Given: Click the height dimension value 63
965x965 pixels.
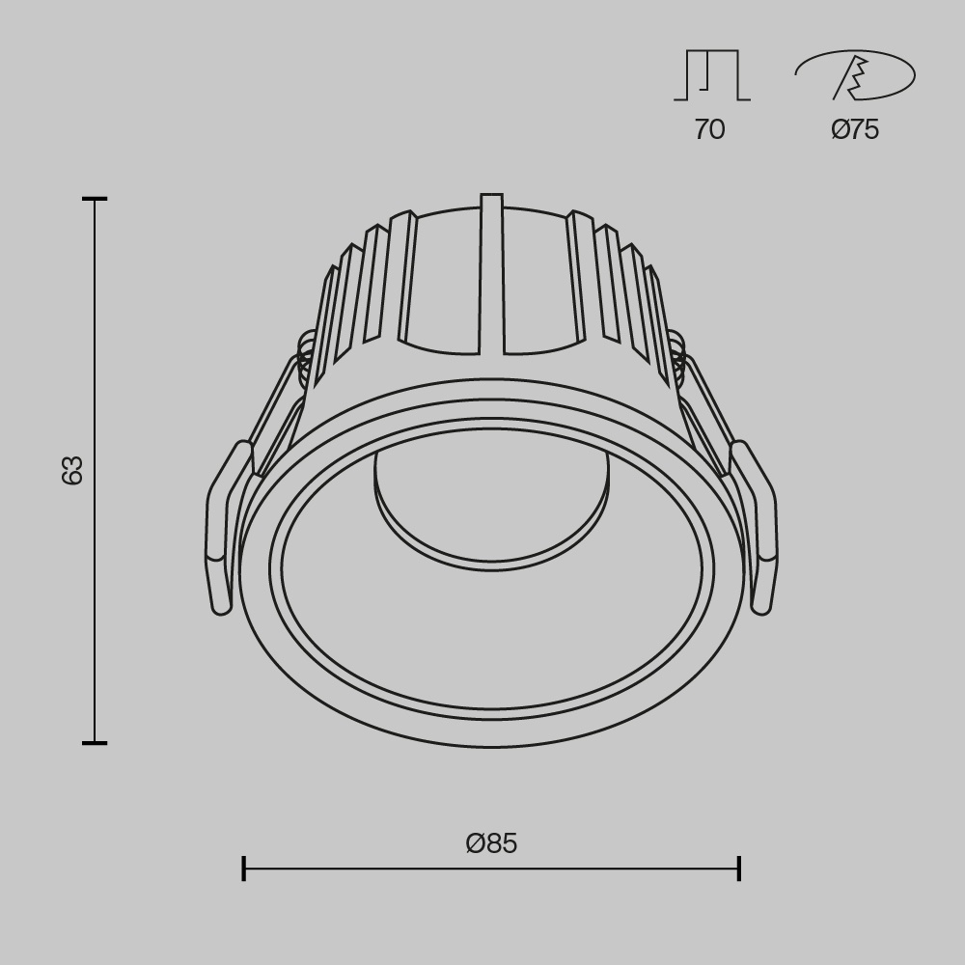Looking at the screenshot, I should [72, 470].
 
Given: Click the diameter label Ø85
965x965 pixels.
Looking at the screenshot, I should [491, 843].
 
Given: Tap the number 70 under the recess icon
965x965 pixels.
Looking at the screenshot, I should [709, 129].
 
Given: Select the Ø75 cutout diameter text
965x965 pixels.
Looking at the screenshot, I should [855, 129].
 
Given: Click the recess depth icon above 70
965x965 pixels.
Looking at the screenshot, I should [711, 75].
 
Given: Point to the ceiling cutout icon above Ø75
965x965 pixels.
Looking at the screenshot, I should [855, 75].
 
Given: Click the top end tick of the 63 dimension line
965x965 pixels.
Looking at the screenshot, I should [95, 200].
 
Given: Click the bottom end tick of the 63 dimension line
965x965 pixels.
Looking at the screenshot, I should [95, 743].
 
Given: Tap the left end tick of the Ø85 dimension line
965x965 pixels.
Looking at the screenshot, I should [243, 868].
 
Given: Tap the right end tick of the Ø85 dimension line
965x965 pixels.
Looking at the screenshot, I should [739, 868].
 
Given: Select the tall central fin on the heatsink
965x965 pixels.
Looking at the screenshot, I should [491, 275].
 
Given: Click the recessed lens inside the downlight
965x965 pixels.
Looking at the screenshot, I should [491, 511].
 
